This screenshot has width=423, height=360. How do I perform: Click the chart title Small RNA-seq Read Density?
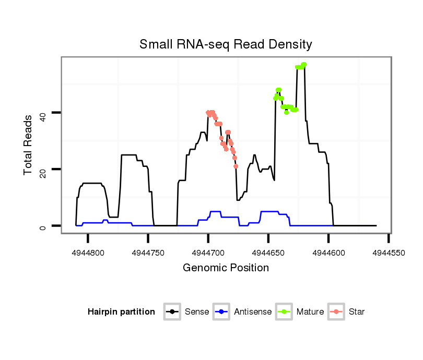pyautogui.click(x=226, y=44)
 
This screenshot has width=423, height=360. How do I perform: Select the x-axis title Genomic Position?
pyautogui.click(x=226, y=268)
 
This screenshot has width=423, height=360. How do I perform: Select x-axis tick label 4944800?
pyautogui.click(x=88, y=253)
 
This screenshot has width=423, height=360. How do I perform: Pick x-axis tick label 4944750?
pyautogui.click(x=148, y=253)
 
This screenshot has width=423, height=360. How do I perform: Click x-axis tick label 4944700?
pyautogui.click(x=208, y=253)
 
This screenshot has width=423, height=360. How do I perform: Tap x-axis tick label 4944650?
pyautogui.click(x=268, y=253)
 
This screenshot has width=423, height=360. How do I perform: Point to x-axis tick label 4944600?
pyautogui.click(x=328, y=253)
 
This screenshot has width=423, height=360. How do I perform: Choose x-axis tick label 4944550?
pyautogui.click(x=389, y=253)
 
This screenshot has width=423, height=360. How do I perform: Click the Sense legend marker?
pyautogui.click(x=172, y=312)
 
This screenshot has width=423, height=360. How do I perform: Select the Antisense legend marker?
pyautogui.click(x=221, y=312)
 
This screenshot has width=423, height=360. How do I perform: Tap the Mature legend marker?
pyautogui.click(x=284, y=312)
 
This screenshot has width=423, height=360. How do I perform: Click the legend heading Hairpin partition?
pyautogui.click(x=121, y=312)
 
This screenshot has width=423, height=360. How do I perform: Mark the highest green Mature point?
pyautogui.click(x=304, y=64)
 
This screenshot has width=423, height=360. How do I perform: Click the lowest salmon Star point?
pyautogui.click(x=236, y=166)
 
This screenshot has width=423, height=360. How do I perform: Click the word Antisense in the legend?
pyautogui.click(x=253, y=312)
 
